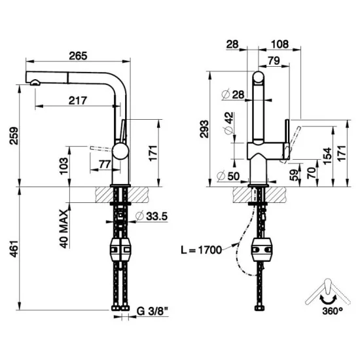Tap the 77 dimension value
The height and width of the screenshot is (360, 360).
point(105,164)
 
